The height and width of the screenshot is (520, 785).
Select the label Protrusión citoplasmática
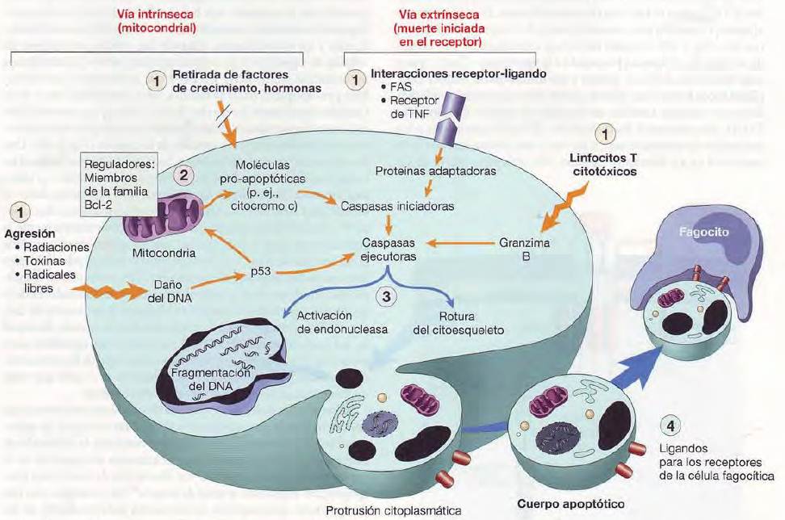(393, 511)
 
